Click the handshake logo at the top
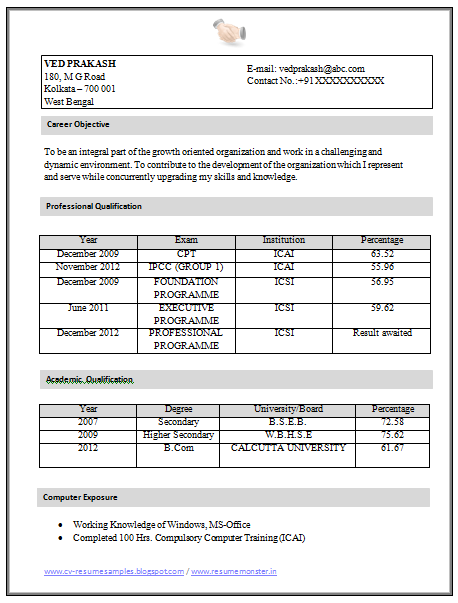229,31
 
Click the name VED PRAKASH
74,63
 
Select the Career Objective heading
78,125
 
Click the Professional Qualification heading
94,206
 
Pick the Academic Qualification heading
89,380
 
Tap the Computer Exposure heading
81,497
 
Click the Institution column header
284,241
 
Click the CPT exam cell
186,254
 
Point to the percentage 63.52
382,254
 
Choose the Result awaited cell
382,332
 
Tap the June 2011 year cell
88,308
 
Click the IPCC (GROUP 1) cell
186,267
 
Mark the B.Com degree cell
178,448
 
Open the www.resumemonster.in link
234,571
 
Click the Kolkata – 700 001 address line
80,89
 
